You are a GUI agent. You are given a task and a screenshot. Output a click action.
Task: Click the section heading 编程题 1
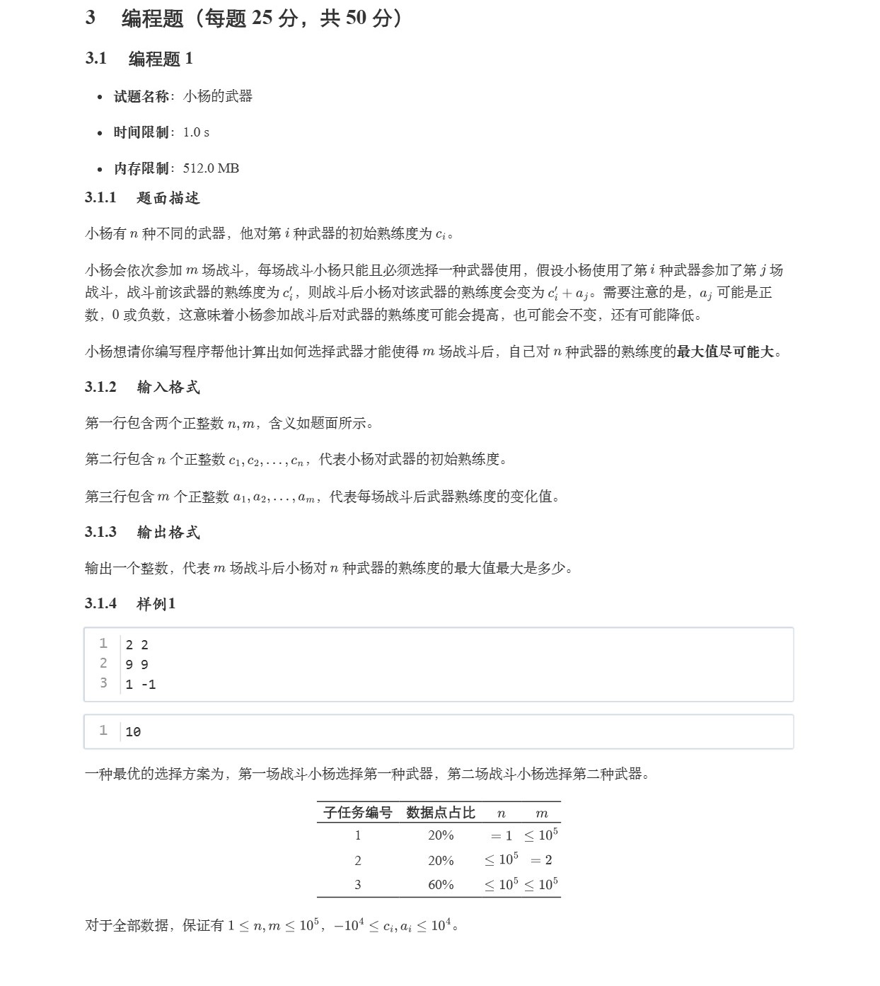coord(161,59)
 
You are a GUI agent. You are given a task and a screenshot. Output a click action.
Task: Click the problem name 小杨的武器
coord(217,96)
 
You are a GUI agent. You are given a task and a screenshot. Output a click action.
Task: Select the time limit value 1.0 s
coord(196,132)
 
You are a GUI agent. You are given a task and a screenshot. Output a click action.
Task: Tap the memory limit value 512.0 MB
coord(211,168)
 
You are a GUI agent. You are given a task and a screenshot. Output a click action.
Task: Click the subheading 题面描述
coord(168,198)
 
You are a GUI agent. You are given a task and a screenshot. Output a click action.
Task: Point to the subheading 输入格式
coord(168,387)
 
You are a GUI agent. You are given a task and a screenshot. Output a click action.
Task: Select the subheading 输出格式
coord(168,532)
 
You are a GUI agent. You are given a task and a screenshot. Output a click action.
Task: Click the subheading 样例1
coord(156,603)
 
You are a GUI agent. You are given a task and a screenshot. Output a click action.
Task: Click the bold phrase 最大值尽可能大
coord(725,352)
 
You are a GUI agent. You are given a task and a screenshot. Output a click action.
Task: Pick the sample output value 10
coord(133,732)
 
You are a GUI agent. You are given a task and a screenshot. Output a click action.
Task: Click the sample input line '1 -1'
coord(140,684)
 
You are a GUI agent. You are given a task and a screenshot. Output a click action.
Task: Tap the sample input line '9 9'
coord(137,664)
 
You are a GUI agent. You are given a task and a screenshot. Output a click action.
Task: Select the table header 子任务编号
coord(357,813)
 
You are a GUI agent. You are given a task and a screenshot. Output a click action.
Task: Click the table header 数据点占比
coord(440,813)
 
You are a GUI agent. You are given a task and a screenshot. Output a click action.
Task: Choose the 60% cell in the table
coord(441,885)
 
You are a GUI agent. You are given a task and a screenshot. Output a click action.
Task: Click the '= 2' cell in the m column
coord(541,860)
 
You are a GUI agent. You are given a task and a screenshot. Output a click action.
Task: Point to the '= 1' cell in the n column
coord(501,836)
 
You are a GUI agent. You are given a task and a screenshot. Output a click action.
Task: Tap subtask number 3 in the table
coord(357,885)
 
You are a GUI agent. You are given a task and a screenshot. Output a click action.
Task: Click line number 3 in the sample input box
coord(103,683)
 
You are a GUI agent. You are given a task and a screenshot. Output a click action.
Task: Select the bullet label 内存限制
coord(141,168)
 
